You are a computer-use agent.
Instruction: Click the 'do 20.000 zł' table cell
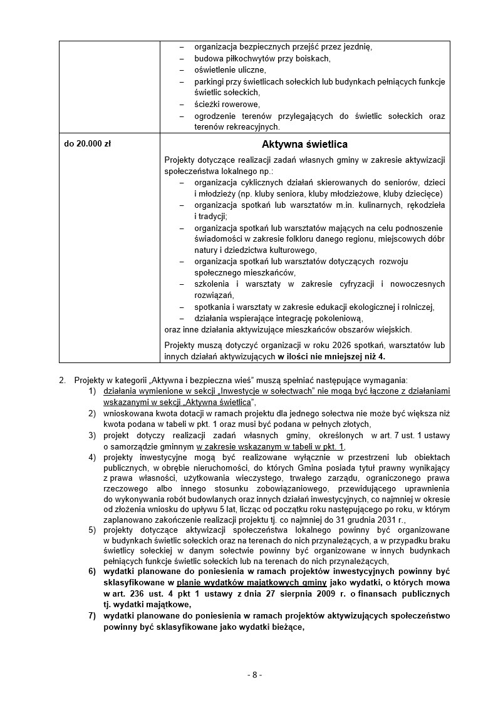click(88, 143)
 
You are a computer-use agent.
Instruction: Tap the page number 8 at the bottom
click(254, 674)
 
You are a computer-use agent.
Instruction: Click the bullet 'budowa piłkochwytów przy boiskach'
click(262, 58)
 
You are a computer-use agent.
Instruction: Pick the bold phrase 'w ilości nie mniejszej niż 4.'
click(332, 356)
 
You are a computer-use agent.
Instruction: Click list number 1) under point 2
click(91, 391)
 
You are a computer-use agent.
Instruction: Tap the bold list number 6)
click(91, 572)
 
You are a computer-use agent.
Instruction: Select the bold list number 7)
click(91, 616)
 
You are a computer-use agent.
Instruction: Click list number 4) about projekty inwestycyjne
click(91, 457)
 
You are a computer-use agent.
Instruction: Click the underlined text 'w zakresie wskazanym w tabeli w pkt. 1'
click(271, 446)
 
